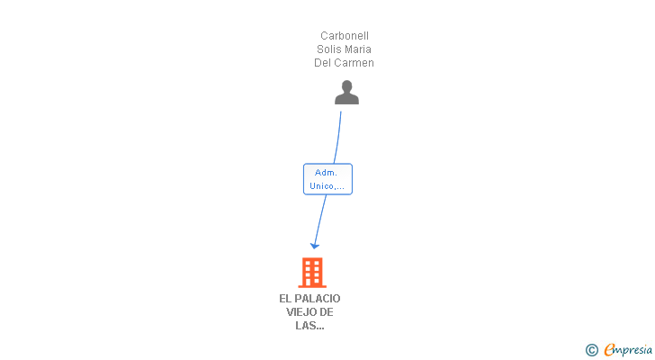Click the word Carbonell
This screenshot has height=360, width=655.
[x=345, y=36]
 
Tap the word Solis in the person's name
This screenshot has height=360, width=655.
[x=327, y=49]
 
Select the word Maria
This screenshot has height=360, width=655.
[x=355, y=49]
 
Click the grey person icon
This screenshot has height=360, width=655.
[x=346, y=93]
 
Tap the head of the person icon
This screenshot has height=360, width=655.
[x=346, y=86]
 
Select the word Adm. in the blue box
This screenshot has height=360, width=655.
[x=326, y=173]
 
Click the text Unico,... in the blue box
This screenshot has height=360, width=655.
[x=327, y=186]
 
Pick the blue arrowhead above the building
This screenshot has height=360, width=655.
[x=315, y=246]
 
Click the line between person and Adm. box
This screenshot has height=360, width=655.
[x=338, y=138]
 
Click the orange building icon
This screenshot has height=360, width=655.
[x=312, y=273]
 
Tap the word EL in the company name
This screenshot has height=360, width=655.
[x=285, y=299]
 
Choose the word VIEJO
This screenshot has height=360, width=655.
[x=299, y=312]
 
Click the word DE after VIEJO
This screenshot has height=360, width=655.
[x=327, y=312]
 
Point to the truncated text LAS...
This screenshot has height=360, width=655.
[x=310, y=325]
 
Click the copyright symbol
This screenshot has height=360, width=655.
[x=591, y=350]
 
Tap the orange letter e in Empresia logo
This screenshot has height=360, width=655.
[x=610, y=349]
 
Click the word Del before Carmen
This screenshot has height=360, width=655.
[x=324, y=63]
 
